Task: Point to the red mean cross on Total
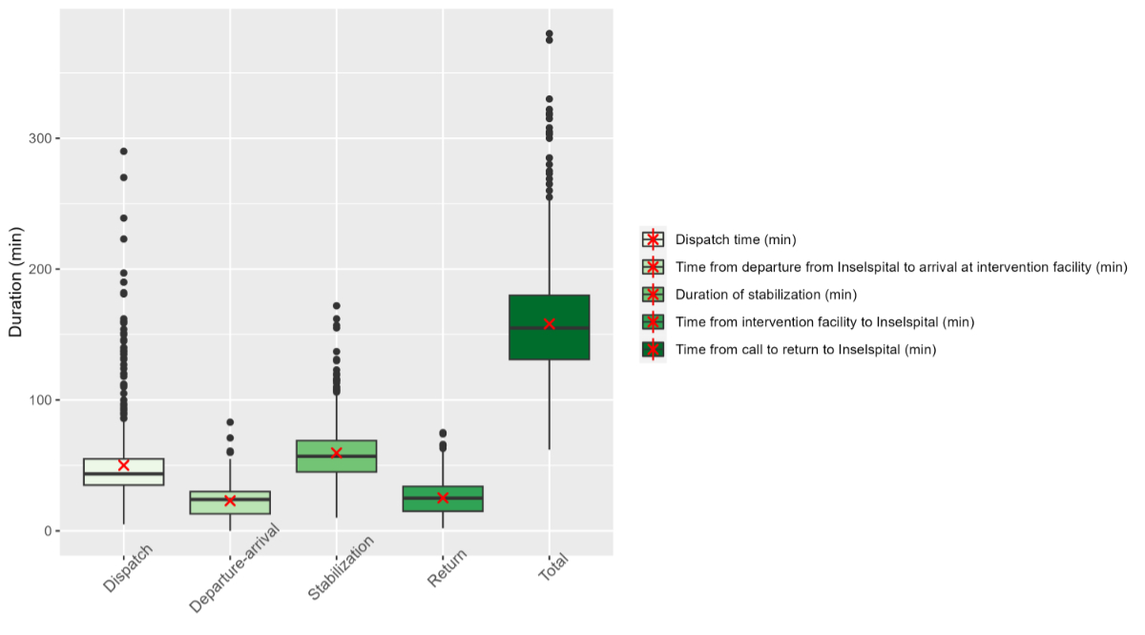(x=550, y=324)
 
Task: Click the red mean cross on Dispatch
(x=123, y=465)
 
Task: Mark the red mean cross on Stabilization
(x=336, y=453)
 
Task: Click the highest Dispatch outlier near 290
(x=123, y=152)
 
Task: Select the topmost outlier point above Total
(x=550, y=34)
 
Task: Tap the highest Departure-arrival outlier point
(x=230, y=422)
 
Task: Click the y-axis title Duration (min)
(x=15, y=282)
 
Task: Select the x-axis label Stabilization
(x=341, y=568)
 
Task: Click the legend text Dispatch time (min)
(x=735, y=239)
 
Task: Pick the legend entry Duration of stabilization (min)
(x=765, y=295)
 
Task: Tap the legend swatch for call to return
(x=653, y=350)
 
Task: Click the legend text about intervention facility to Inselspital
(x=824, y=322)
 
